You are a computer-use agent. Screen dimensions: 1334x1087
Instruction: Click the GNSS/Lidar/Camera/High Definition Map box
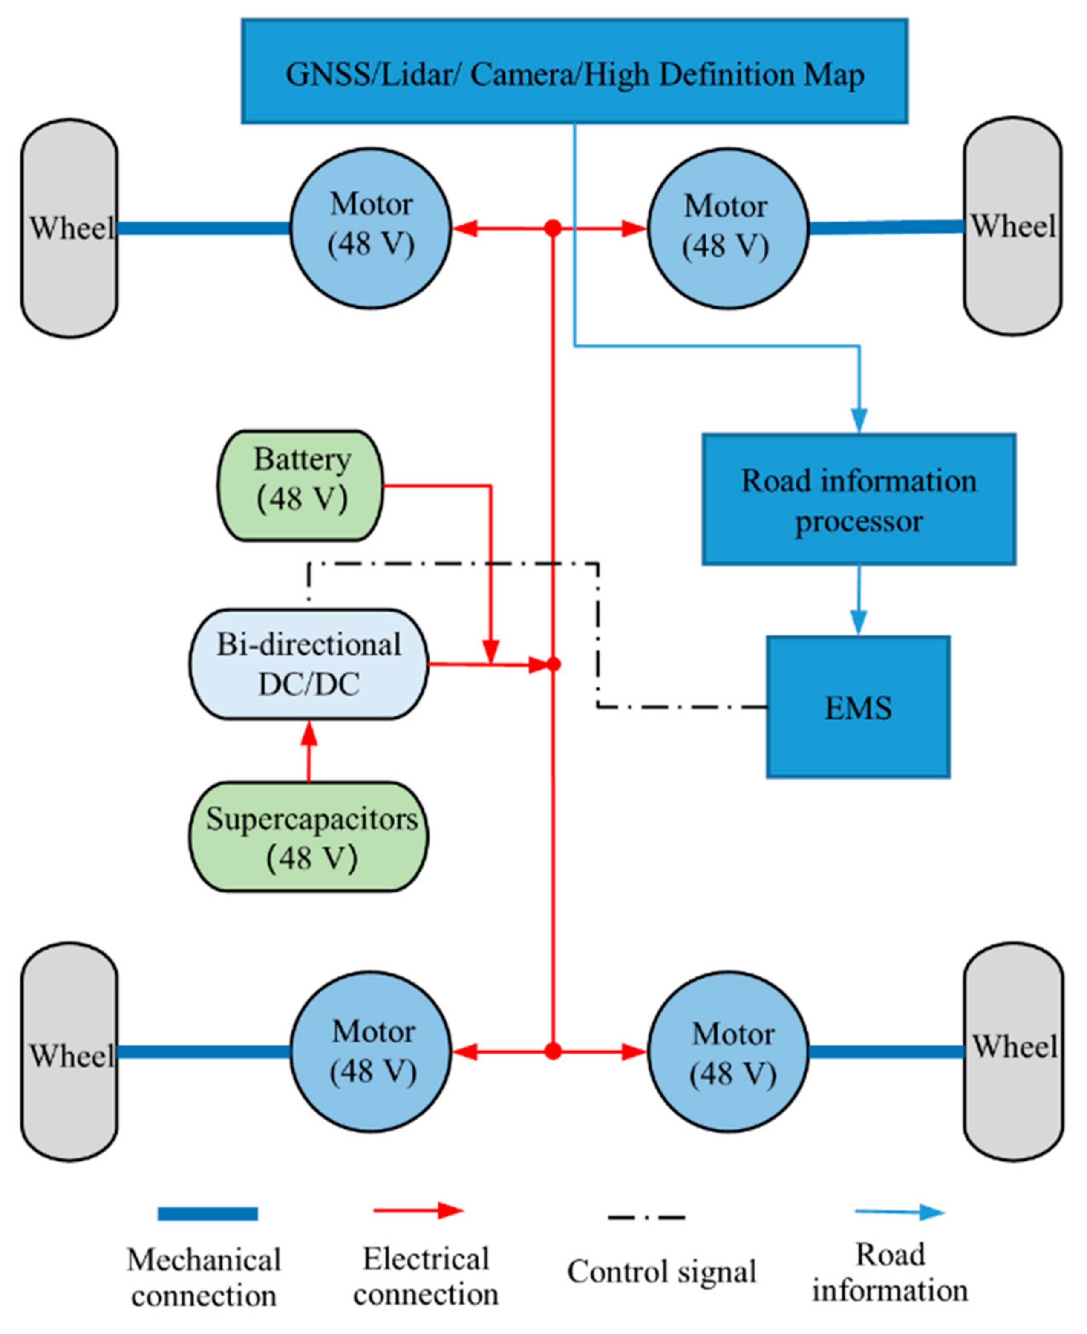click(x=574, y=71)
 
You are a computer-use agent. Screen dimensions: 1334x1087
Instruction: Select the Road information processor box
click(x=859, y=499)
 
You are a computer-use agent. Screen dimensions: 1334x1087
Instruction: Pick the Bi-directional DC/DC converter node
click(x=309, y=664)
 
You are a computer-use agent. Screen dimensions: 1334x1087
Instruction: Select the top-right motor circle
click(x=728, y=228)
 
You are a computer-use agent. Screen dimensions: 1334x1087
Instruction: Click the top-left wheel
click(x=69, y=228)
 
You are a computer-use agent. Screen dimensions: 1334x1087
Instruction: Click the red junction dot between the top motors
click(x=552, y=228)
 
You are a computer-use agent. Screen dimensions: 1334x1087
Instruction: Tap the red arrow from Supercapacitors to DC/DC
click(x=309, y=751)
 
